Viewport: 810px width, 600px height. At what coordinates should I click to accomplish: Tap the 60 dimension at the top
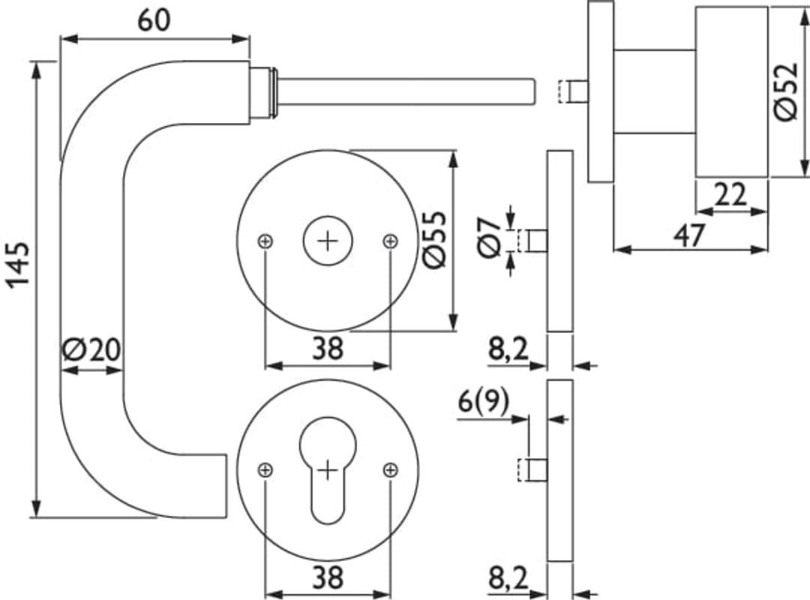pos(154,20)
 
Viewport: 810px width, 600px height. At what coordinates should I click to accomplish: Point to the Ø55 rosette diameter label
pos(434,240)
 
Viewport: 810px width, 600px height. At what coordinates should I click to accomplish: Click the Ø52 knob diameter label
pos(786,92)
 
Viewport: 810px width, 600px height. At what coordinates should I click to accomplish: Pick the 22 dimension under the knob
pos(730,195)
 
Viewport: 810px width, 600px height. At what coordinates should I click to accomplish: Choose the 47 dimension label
pos(690,235)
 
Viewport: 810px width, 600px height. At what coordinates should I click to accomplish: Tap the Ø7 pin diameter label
pos(490,237)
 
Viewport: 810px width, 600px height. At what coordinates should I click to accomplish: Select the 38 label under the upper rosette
pos(328,348)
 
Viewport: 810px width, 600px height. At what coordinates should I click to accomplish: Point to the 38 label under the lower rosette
pos(328,577)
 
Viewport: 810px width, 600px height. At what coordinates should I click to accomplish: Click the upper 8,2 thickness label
pos(508,349)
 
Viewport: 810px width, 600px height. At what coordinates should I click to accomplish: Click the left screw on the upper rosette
pos(265,241)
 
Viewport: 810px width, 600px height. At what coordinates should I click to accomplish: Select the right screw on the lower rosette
pos(391,470)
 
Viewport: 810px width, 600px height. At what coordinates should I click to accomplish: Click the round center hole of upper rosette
pos(328,241)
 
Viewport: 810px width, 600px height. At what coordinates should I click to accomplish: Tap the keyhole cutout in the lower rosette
pos(328,471)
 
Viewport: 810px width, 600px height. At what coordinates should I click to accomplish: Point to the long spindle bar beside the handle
pos(406,92)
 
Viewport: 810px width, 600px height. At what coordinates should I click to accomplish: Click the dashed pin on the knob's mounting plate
pos(574,92)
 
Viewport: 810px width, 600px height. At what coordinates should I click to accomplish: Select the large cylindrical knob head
pos(731,92)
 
